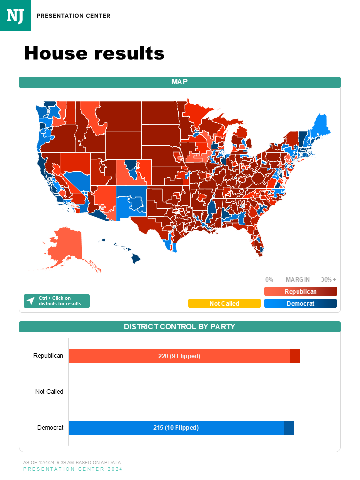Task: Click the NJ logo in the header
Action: (x=15, y=15)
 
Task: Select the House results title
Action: (x=94, y=53)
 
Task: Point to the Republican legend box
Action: (x=300, y=291)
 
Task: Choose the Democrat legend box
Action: (x=300, y=303)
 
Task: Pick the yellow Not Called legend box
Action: (x=224, y=303)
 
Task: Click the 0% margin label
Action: (x=269, y=280)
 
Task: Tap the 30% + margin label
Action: (x=328, y=280)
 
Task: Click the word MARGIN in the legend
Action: (x=298, y=280)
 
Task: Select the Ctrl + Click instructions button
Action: (x=57, y=301)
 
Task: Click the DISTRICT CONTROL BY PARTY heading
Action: (x=180, y=327)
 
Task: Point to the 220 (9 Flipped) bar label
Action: (x=179, y=356)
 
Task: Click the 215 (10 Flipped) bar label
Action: (x=176, y=428)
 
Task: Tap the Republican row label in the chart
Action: (x=48, y=356)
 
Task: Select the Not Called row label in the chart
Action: (x=49, y=392)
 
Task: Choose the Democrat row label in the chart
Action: (x=50, y=428)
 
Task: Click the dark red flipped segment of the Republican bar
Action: (x=295, y=356)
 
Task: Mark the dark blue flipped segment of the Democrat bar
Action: (x=289, y=428)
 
